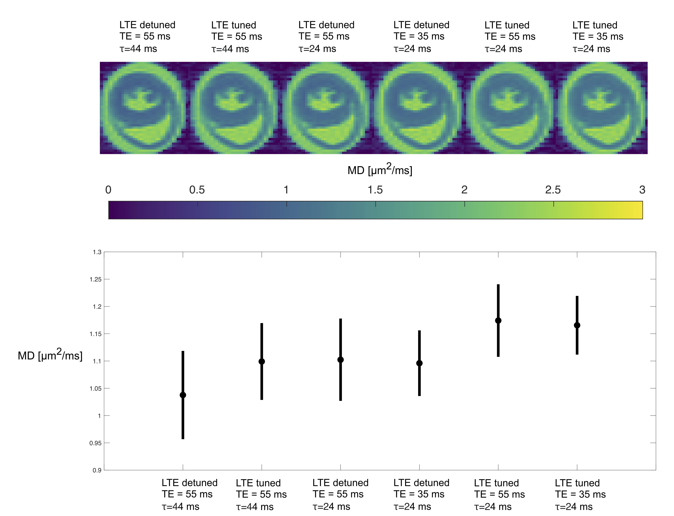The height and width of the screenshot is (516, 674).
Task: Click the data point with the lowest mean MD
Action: pos(183,395)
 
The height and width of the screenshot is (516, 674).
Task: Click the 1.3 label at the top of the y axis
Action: pos(97,252)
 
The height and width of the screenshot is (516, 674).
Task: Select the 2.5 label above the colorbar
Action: pos(553,190)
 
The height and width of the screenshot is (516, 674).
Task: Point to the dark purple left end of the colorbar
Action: pos(114,210)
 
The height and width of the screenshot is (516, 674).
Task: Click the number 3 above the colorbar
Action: pos(642,190)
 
